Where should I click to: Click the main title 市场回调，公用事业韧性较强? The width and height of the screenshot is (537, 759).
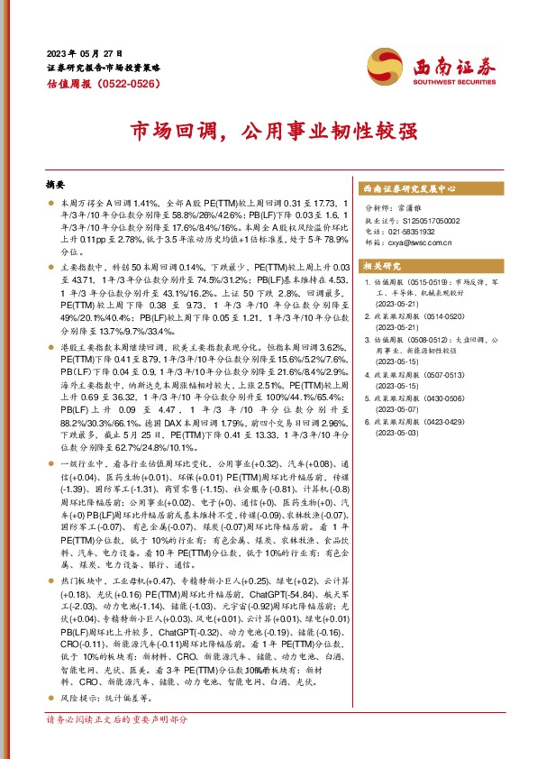tap(268, 131)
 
